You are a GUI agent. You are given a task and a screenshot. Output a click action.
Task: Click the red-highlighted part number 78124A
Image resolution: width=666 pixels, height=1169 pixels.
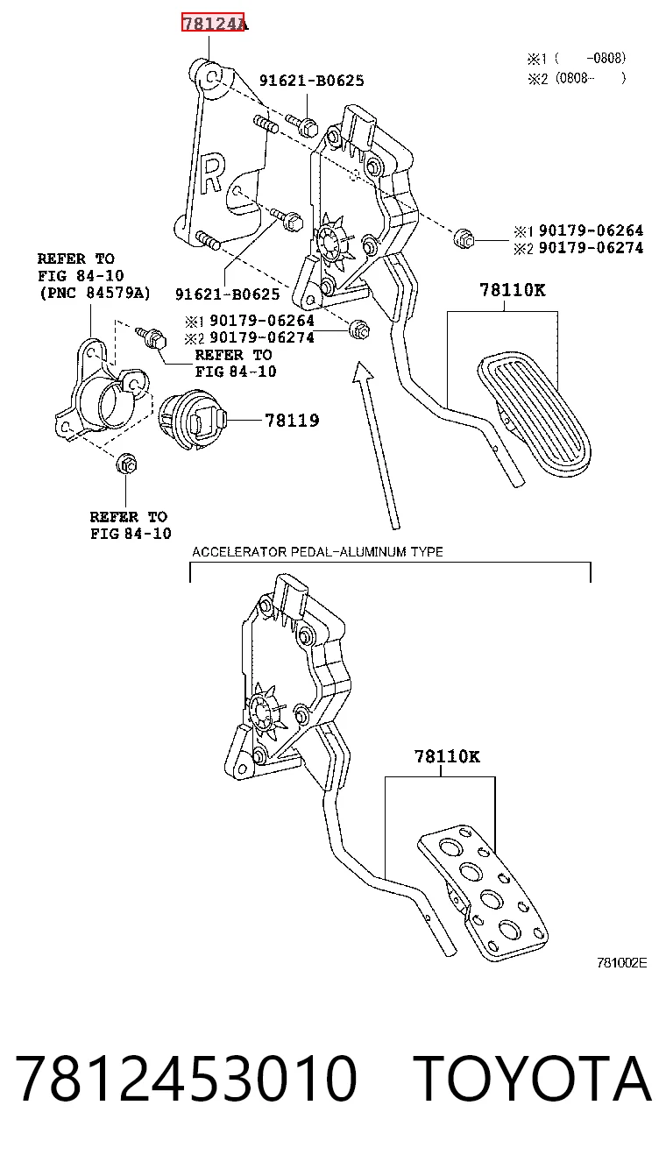pos(213,23)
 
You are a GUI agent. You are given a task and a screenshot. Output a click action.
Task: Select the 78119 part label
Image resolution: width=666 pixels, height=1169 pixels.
pos(292,420)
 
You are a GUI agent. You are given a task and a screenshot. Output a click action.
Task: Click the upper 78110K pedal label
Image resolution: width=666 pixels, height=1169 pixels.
pos(512,290)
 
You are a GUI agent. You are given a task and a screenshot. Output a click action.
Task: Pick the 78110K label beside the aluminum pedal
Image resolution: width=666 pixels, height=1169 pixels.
pos(447,756)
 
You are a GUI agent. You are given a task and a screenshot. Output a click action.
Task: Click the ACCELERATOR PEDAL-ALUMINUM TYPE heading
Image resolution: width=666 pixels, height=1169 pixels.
pos(317,551)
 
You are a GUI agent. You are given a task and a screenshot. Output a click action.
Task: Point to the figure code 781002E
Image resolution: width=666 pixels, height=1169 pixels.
pos(621,963)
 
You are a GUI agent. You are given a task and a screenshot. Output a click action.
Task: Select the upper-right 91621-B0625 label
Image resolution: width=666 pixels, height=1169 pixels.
pos(312,80)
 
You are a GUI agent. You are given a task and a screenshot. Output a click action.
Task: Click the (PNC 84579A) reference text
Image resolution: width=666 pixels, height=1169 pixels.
pos(95,293)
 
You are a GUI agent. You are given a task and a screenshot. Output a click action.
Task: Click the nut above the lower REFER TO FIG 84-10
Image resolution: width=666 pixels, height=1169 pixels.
pos(126,464)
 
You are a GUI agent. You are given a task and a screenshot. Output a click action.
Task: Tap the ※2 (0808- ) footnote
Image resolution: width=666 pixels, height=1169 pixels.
pos(577,78)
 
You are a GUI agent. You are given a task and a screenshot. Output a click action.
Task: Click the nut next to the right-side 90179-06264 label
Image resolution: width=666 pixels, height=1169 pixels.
pos(464,238)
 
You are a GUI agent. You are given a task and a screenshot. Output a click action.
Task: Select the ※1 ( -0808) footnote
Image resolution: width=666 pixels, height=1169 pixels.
pos(577,58)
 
